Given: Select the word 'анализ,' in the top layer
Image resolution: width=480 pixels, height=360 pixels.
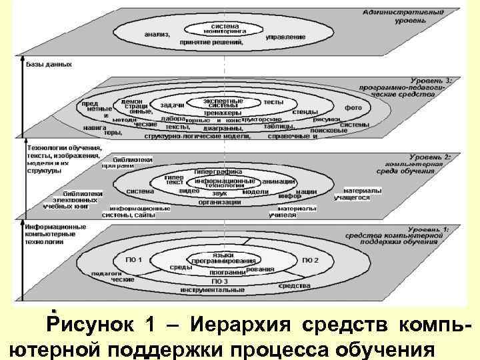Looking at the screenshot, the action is point(157,34).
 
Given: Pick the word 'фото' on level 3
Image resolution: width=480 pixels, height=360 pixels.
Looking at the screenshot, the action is point(353,107).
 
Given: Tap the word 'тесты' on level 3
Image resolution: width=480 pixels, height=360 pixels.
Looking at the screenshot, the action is point(273,102).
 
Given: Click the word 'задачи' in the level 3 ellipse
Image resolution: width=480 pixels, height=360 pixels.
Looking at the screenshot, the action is point(173,105).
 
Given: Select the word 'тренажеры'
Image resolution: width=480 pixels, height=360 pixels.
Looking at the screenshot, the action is point(223,112).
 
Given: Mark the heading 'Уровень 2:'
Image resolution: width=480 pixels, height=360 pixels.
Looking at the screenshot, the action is point(431,157).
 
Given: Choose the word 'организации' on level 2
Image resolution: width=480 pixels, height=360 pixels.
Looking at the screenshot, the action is point(219,203).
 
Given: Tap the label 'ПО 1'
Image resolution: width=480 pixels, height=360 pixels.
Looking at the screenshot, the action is point(134,259).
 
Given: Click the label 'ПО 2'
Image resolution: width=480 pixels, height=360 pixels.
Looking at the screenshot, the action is point(311,259).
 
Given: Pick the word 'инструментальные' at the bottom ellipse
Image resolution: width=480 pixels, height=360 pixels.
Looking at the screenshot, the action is point(221,290).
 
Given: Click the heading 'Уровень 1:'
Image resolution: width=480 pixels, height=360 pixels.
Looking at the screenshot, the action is point(431,229).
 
